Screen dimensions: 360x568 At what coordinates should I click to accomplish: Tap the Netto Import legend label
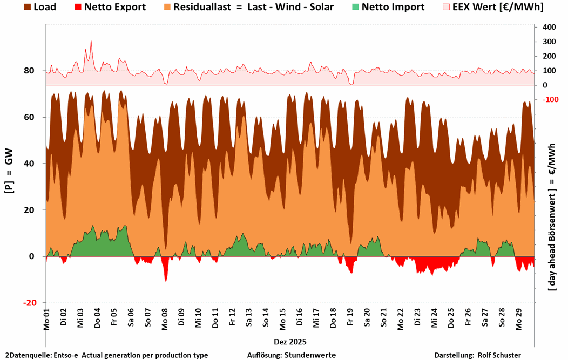[393, 7]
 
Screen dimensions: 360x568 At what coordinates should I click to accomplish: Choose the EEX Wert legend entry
[501, 7]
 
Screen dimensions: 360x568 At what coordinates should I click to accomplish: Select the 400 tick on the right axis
[548, 27]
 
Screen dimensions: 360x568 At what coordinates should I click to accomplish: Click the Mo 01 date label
[46, 319]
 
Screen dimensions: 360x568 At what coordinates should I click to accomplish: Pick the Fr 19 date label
[350, 319]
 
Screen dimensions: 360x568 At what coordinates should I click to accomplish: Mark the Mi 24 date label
[434, 319]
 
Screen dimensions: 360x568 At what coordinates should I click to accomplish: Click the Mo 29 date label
[519, 319]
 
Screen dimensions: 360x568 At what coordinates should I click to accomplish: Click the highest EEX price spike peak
[91, 41]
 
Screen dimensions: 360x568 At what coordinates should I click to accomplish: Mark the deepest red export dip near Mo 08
[166, 281]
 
